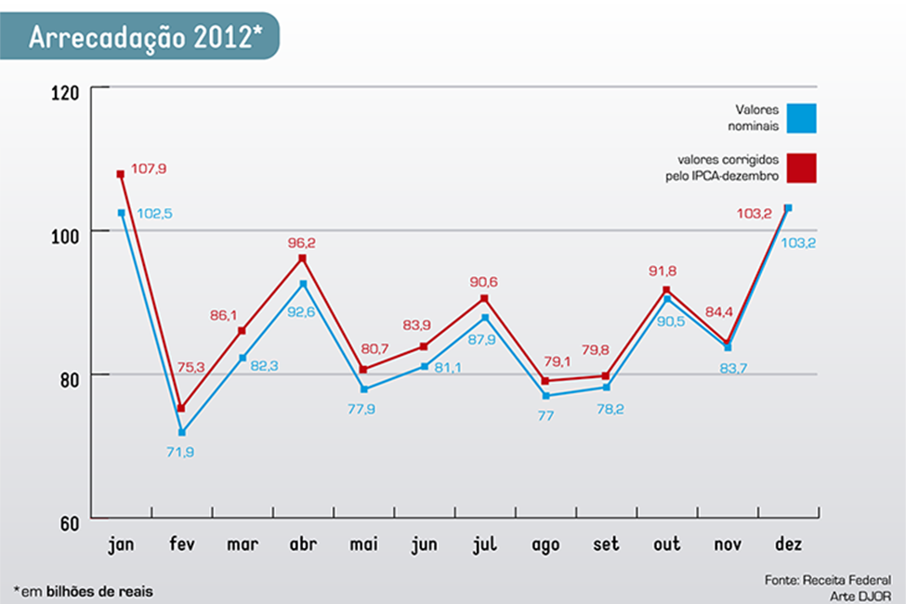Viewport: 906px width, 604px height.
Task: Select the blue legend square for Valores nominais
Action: [800, 118]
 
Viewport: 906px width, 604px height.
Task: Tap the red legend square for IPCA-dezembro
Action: [800, 167]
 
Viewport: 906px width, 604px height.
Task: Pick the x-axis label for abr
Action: [302, 545]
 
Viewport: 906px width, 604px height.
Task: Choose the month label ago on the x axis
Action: [545, 545]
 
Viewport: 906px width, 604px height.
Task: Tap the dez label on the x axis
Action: [787, 545]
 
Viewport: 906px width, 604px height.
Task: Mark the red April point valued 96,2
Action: [302, 258]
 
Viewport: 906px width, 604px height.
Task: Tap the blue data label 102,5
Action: [154, 214]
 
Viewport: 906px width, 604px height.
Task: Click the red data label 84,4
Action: [720, 312]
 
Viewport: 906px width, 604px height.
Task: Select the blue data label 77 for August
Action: [545, 415]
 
